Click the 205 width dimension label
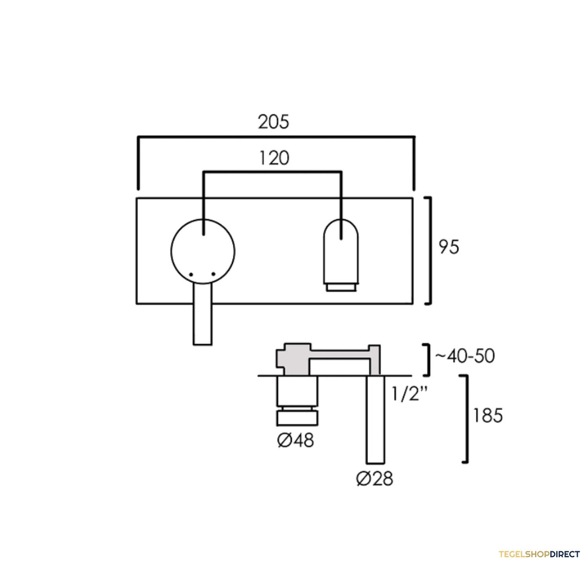pyautogui.click(x=273, y=121)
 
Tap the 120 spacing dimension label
pyautogui.click(x=274, y=158)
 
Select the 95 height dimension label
pyautogui.click(x=449, y=246)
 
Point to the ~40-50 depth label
pyautogui.click(x=465, y=356)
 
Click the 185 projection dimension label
pyautogui.click(x=488, y=415)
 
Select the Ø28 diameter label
pyautogui.click(x=374, y=478)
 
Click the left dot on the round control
pyautogui.click(x=191, y=275)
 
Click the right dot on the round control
pyautogui.click(x=213, y=274)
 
